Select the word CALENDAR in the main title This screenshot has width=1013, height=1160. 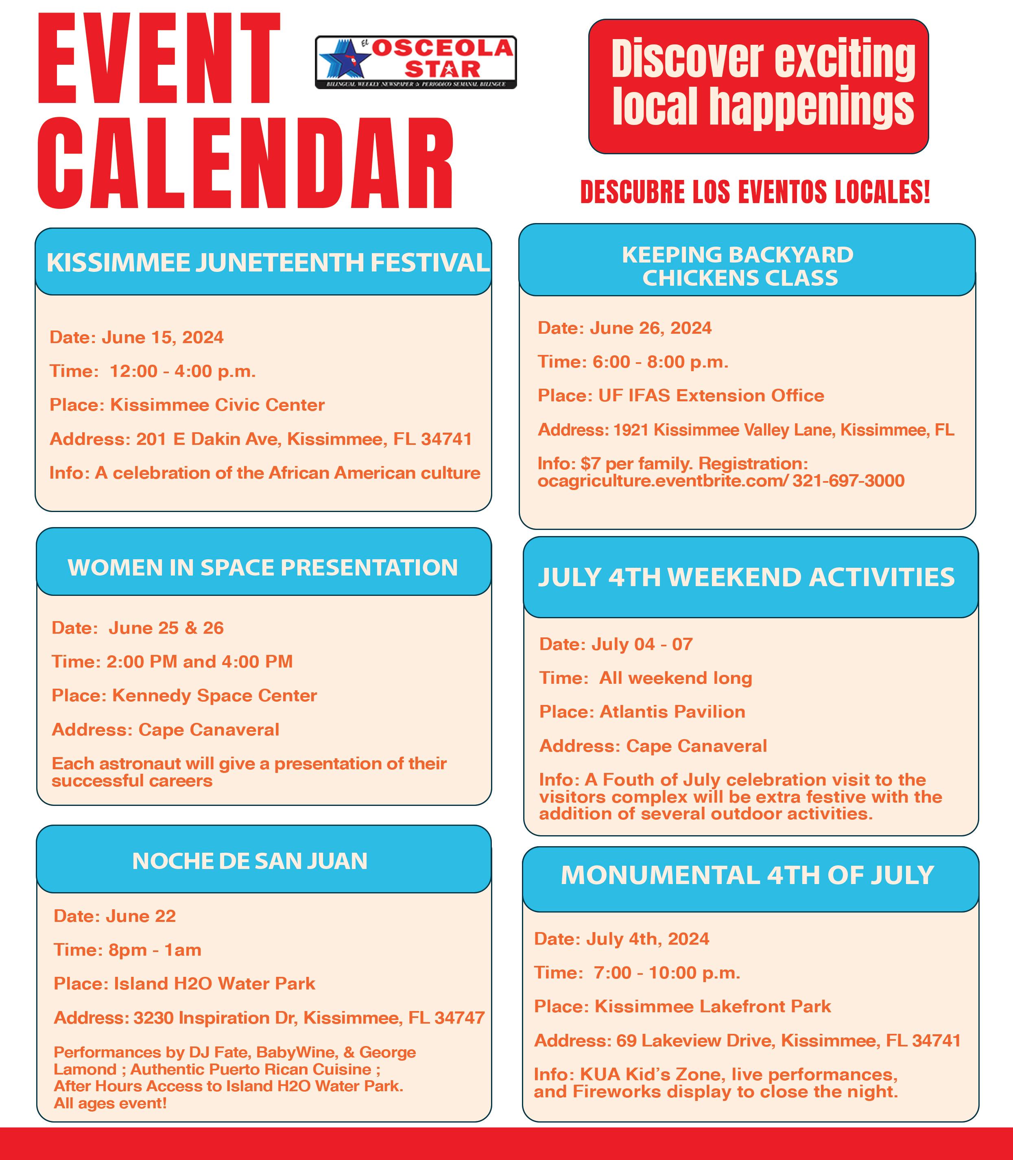(246, 164)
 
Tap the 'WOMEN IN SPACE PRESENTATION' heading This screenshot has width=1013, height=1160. (263, 568)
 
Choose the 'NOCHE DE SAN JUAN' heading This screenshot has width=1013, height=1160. (250, 861)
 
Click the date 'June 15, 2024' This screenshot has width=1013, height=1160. (163, 338)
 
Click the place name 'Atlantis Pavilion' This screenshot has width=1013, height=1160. (672, 711)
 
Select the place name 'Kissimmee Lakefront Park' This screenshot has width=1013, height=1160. (712, 1007)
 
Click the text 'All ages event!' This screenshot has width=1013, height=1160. (110, 1103)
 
